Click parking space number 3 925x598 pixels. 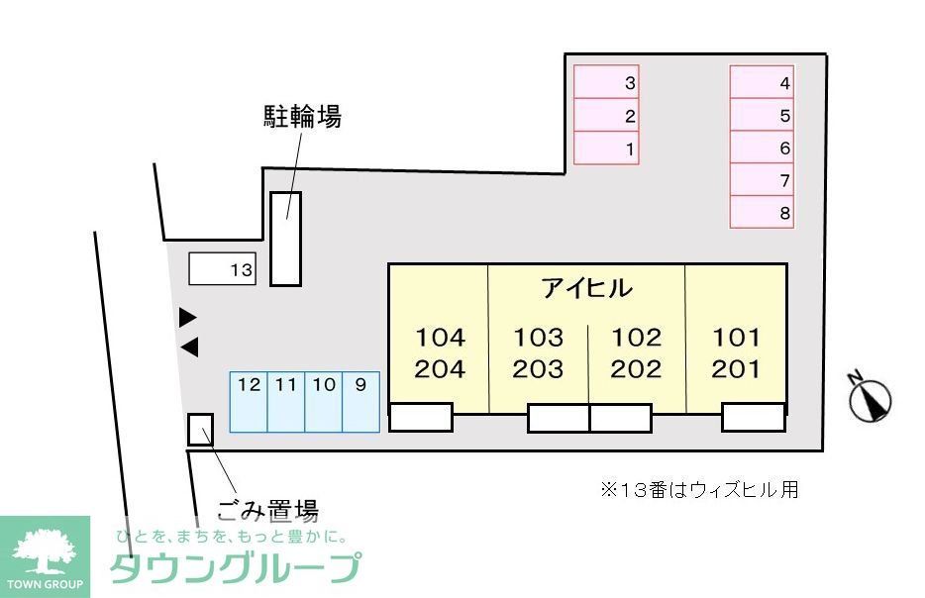(x=606, y=83)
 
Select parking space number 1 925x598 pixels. (x=606, y=149)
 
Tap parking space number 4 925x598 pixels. (x=762, y=83)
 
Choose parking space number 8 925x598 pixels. (x=762, y=212)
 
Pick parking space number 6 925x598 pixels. (x=762, y=149)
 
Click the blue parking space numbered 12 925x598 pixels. (x=249, y=402)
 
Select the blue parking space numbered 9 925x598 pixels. (x=360, y=402)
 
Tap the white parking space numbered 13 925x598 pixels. (x=222, y=269)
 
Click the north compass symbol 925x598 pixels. (x=871, y=398)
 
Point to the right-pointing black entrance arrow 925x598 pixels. (x=187, y=318)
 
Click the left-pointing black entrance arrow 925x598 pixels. (x=189, y=348)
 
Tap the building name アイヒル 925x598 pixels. (x=586, y=288)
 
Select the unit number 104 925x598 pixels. (x=440, y=338)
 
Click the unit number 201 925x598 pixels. (x=737, y=370)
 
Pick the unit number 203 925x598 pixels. (x=538, y=370)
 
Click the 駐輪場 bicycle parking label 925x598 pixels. (x=302, y=118)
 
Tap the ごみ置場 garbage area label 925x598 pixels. (x=267, y=511)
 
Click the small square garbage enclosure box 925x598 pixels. (x=200, y=429)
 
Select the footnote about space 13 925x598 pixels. (x=699, y=489)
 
